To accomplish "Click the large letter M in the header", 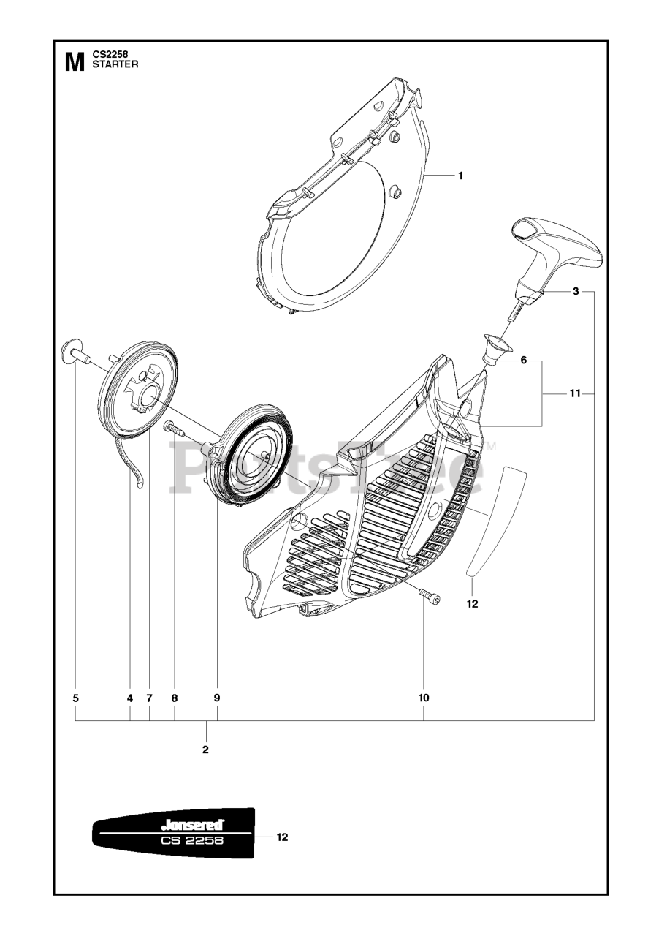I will click(x=75, y=62).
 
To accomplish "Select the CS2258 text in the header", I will click(x=111, y=54).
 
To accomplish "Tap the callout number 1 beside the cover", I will click(x=460, y=175).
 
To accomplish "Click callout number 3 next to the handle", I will click(x=576, y=292).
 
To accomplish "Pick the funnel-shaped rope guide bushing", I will click(x=496, y=346).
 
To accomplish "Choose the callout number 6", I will click(x=524, y=361).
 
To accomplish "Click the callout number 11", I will click(x=575, y=394).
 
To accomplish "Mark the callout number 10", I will click(x=424, y=698).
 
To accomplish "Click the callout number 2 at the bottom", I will click(x=205, y=750).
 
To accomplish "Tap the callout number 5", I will click(x=76, y=698).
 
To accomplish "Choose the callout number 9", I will click(x=217, y=698).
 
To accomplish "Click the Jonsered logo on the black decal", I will click(x=193, y=825).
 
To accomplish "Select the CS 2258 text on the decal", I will click(x=192, y=841).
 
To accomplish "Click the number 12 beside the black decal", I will click(x=282, y=837).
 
